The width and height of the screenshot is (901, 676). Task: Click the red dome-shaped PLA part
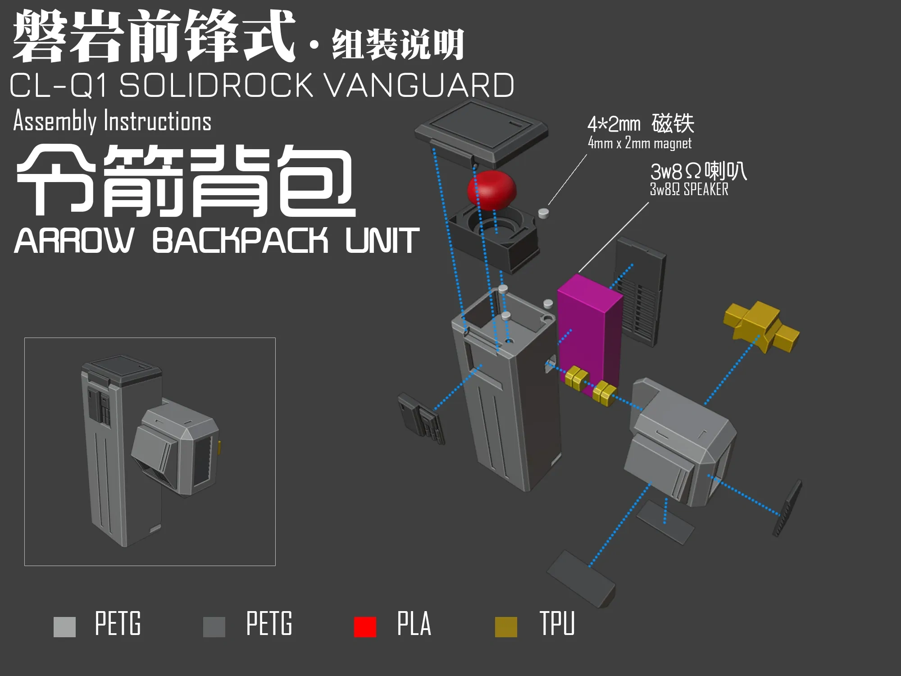(491, 190)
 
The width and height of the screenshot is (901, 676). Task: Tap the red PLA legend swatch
(365, 627)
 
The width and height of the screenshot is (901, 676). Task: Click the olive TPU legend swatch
(506, 627)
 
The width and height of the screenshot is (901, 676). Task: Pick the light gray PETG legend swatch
(64, 627)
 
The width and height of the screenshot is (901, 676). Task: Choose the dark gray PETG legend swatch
(214, 627)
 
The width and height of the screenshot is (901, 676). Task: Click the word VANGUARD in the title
(419, 85)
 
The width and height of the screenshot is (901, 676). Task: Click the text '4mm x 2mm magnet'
(639, 143)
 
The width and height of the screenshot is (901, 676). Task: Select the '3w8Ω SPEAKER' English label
(689, 189)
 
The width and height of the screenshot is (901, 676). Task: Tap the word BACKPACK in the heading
(240, 240)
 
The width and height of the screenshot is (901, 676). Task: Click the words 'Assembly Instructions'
(112, 121)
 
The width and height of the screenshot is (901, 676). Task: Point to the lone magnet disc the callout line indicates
(544, 213)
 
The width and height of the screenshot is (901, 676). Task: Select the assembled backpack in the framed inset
(150, 451)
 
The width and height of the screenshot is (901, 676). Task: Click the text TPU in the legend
(557, 624)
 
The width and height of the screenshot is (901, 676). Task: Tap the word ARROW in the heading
(74, 240)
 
